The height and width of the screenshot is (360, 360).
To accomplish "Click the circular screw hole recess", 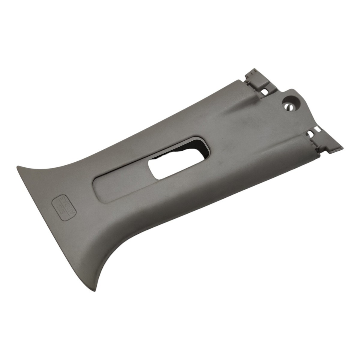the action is [x=291, y=104].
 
